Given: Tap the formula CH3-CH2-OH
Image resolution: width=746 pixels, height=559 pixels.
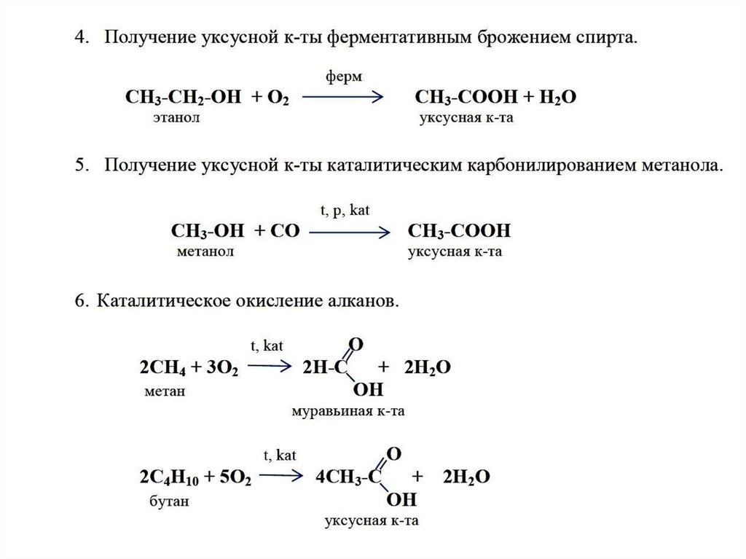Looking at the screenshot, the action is (181, 98).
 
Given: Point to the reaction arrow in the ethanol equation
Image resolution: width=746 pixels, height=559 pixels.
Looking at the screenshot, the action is (343, 98).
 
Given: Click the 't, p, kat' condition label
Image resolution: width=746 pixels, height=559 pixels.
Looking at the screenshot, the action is (346, 211).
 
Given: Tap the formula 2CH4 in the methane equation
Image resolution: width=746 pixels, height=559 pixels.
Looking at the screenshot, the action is (161, 368).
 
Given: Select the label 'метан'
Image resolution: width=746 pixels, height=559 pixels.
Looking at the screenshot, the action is (165, 391).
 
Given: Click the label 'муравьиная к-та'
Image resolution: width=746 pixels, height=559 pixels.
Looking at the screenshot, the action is (348, 411).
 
